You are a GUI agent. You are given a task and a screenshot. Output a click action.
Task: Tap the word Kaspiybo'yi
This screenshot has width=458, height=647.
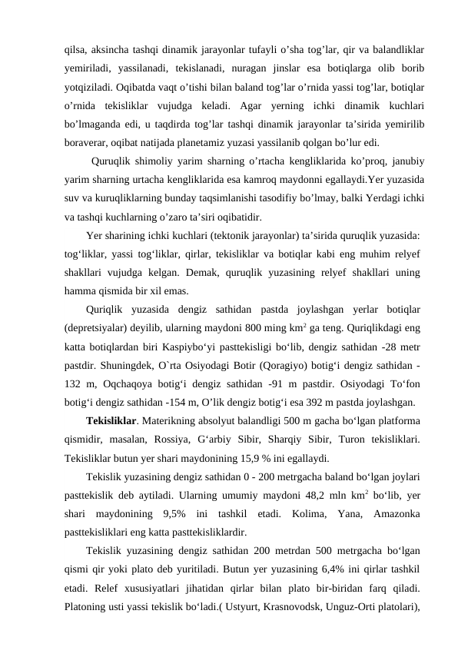(x=198, y=345)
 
